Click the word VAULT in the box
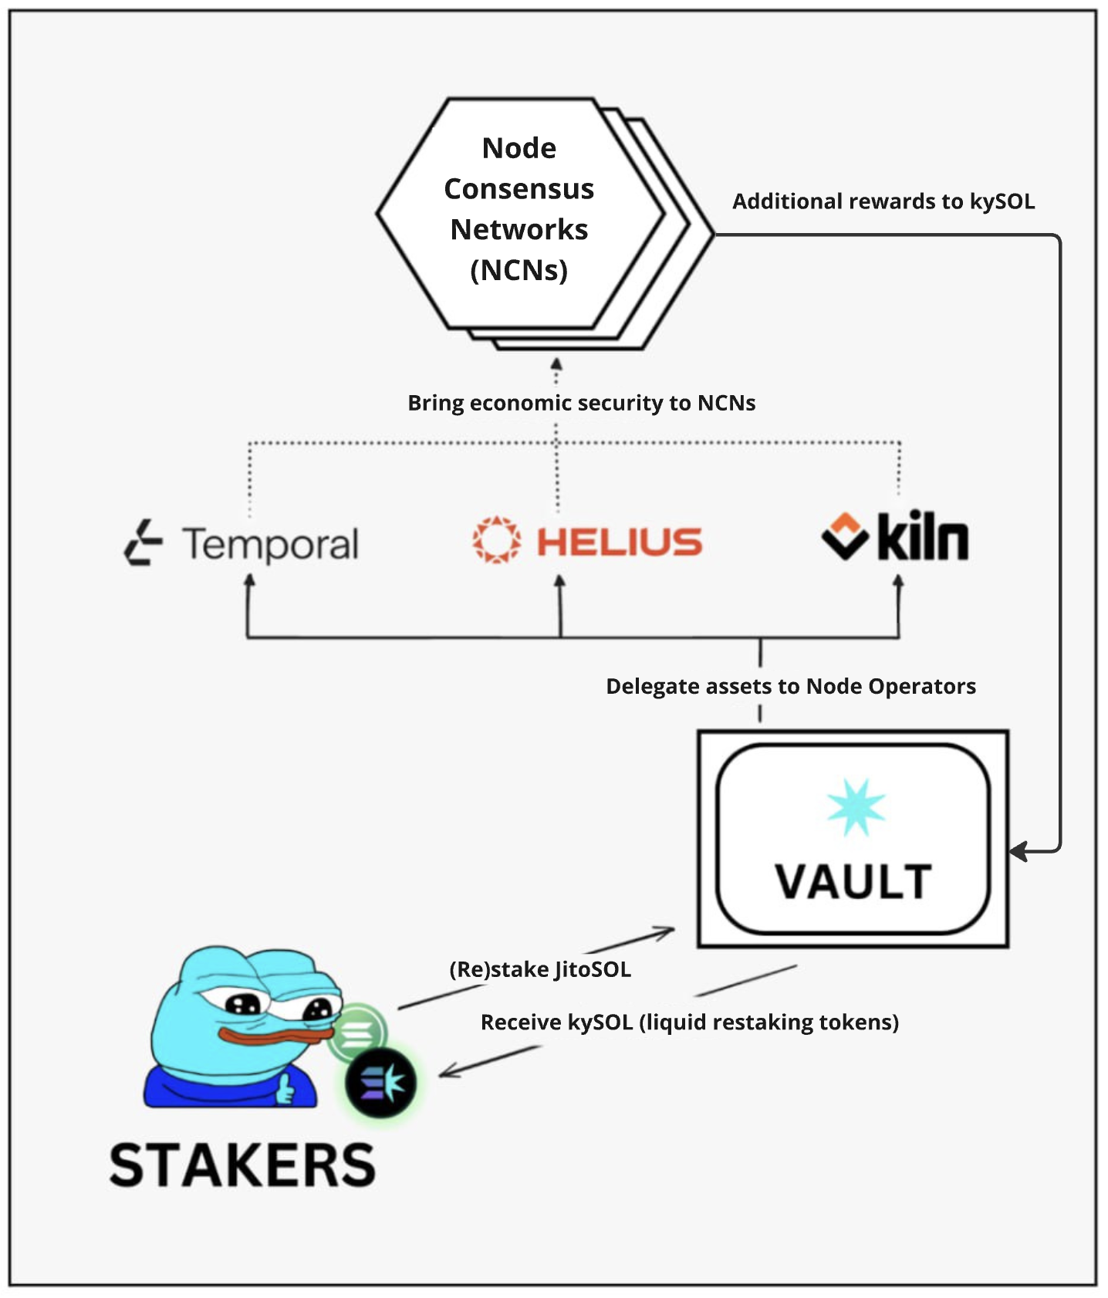(853, 882)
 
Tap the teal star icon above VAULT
(856, 808)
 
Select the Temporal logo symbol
(144, 543)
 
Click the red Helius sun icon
(496, 539)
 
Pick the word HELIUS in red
(620, 542)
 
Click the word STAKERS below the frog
(242, 1165)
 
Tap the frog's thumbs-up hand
(285, 1088)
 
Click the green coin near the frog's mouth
(356, 1033)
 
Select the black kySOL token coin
(380, 1083)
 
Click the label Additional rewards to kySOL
(883, 201)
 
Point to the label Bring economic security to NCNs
(581, 403)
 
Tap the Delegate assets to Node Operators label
(791, 686)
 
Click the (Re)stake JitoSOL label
(540, 969)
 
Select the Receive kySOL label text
(689, 1022)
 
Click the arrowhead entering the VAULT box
(1018, 851)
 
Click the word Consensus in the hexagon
(519, 189)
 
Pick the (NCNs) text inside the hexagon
(519, 270)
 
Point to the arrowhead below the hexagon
(556, 365)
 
